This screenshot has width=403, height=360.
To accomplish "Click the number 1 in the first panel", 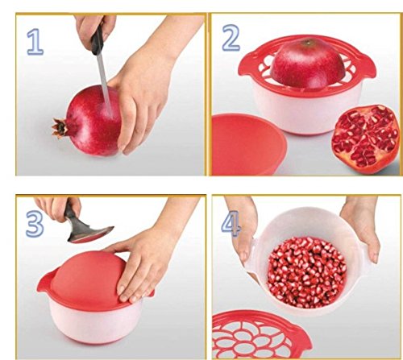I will click(x=34, y=42).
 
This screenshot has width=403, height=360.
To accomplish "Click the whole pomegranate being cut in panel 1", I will click(x=93, y=125).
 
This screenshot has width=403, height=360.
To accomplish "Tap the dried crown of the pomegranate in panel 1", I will click(x=59, y=127).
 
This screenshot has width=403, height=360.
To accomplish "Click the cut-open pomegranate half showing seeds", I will click(x=365, y=137).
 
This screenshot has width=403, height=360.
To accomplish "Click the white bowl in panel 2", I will click(x=306, y=113).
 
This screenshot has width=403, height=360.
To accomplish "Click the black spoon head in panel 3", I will click(x=89, y=233).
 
